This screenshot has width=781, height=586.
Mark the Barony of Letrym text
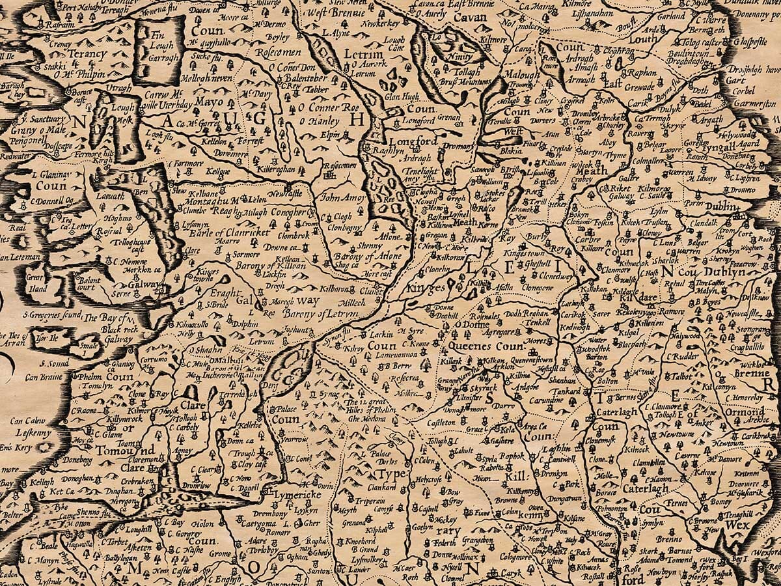coord(321,314)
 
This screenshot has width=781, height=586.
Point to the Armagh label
coord(564,79)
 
